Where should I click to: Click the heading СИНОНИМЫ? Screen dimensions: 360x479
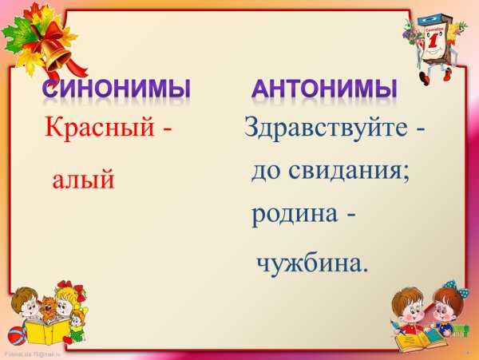pos(116,88)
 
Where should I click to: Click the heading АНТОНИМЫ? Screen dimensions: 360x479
pos(324,88)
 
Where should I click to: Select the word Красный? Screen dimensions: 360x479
pos(97,128)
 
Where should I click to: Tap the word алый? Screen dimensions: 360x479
pos(83,180)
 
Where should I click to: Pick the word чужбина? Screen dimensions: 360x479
pos(311,263)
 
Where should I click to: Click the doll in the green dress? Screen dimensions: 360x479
pos(77,323)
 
